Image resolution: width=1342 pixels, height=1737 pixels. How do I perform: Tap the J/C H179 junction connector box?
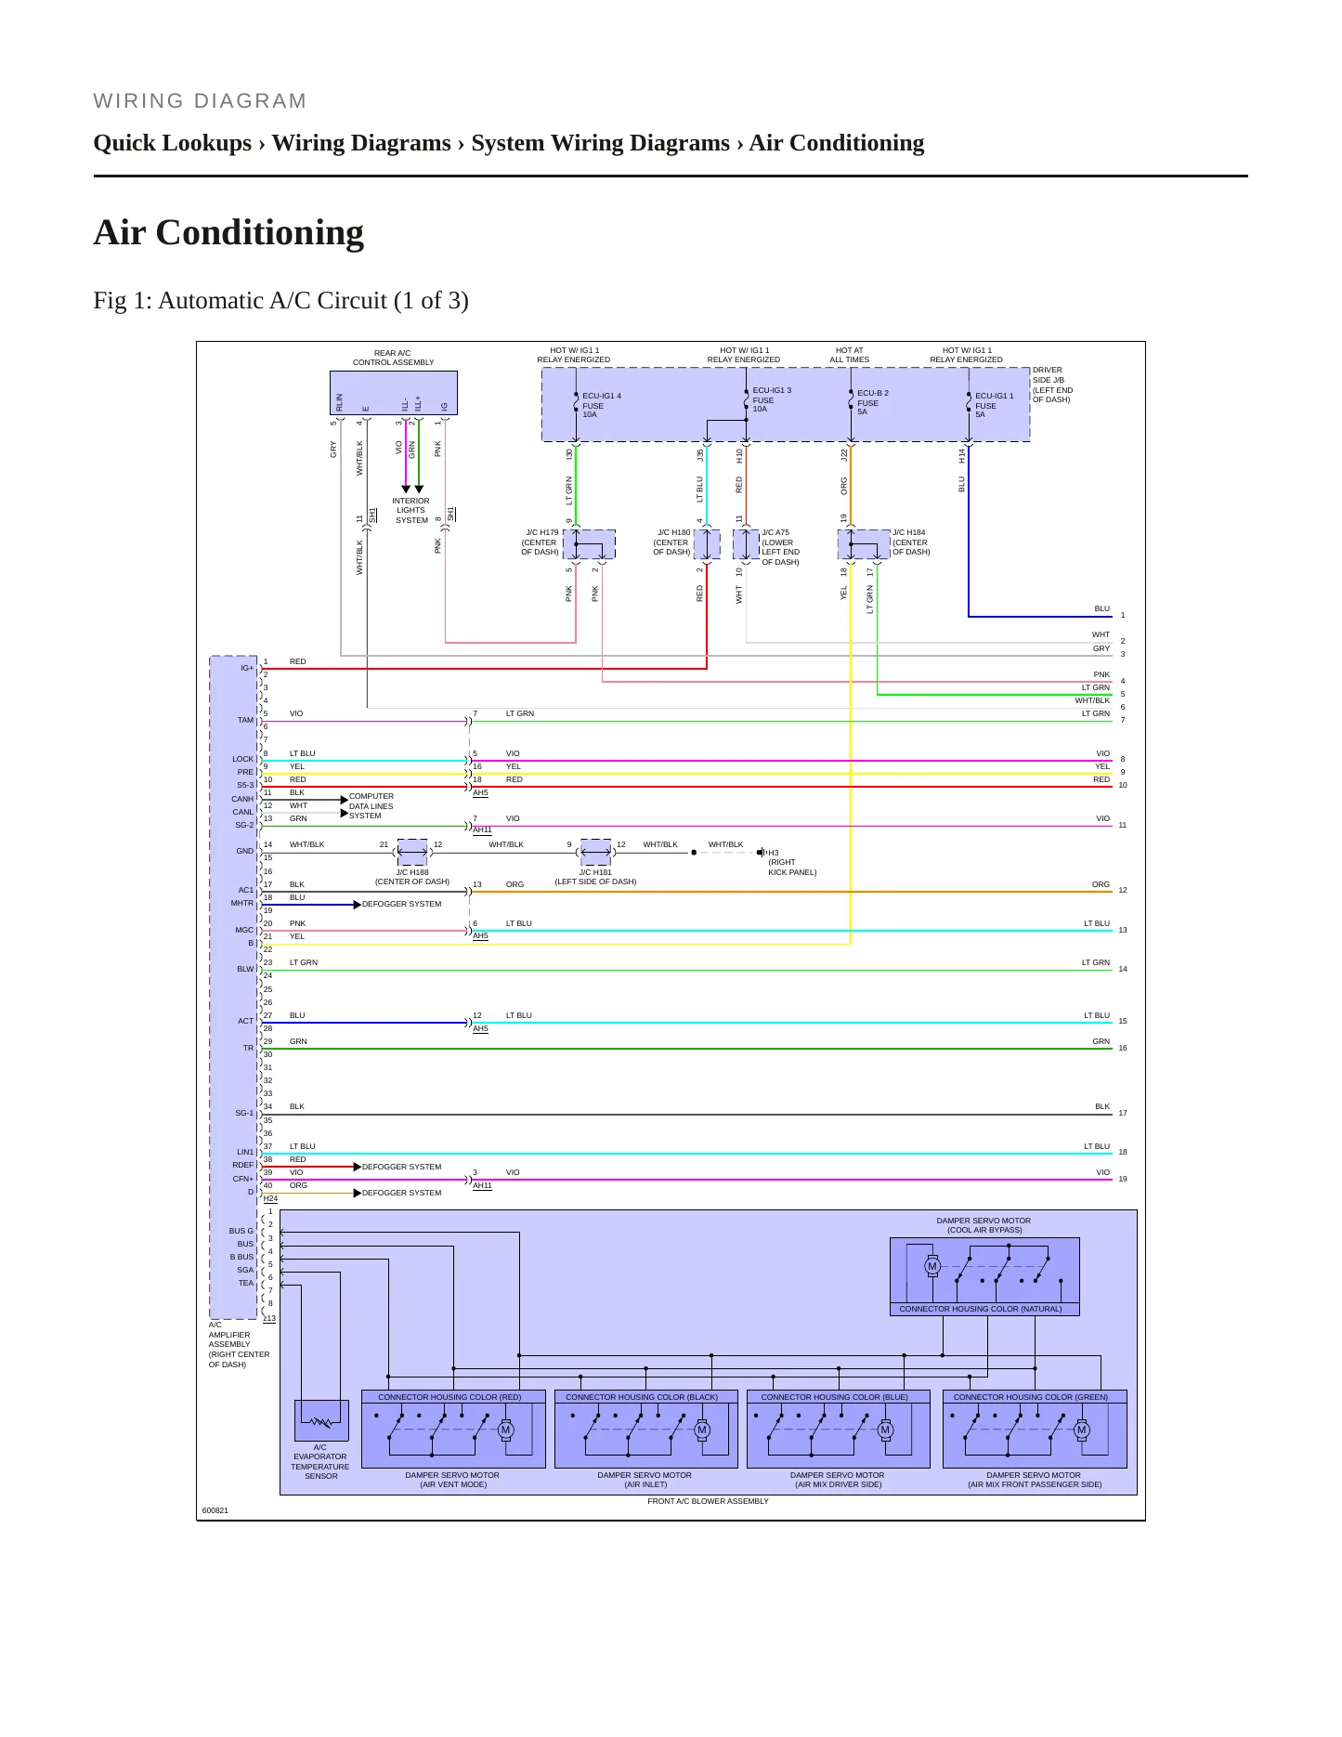[589, 544]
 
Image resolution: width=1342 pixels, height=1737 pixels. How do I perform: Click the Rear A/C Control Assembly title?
[393, 358]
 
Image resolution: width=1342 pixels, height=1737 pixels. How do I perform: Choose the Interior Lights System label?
[410, 510]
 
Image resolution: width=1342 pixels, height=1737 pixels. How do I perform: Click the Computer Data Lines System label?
[371, 806]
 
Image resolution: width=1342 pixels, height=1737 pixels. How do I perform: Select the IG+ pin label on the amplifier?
[247, 668]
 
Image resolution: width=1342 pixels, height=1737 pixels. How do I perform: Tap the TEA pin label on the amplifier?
[245, 1283]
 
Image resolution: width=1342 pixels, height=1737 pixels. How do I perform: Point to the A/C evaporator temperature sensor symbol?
[321, 1421]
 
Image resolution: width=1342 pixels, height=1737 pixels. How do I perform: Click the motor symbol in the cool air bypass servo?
[932, 1266]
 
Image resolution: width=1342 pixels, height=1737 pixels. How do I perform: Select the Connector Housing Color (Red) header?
[450, 1397]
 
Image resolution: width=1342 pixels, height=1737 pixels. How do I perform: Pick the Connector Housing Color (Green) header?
[1031, 1397]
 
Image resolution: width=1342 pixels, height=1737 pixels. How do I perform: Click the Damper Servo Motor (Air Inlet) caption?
[645, 1480]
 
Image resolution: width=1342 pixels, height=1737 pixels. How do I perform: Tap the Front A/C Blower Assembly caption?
[708, 1501]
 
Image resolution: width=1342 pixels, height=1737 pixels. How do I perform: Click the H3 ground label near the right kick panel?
[774, 853]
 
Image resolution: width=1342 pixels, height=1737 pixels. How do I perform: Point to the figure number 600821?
[215, 1510]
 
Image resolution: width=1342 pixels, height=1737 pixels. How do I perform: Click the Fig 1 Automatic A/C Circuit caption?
[280, 301]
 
